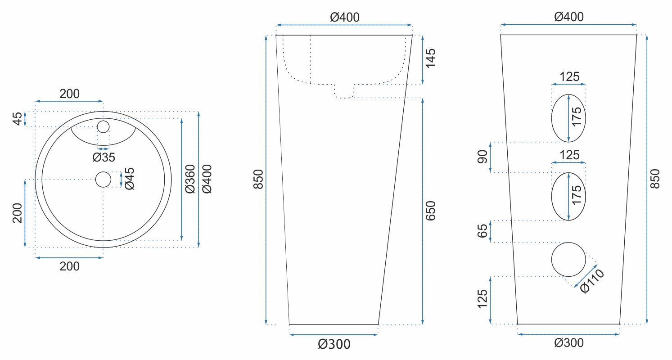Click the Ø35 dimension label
[x=104, y=157]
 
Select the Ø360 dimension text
[x=190, y=179]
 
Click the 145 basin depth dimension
[x=431, y=59]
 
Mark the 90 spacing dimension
[x=482, y=157]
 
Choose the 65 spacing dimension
[x=482, y=231]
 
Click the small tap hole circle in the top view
[x=104, y=127]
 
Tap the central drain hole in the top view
[x=104, y=180]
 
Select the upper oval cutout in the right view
[x=569, y=118]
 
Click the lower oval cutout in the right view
[x=569, y=197]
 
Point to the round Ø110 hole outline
[x=569, y=259]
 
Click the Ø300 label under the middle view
[x=334, y=345]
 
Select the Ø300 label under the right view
[x=569, y=343]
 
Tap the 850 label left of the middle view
[x=258, y=179]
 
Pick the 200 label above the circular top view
[x=69, y=94]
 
